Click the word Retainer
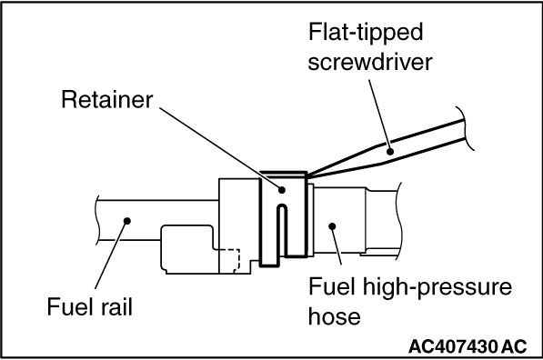pos(107,100)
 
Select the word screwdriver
pos(370,63)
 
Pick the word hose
pos(334,316)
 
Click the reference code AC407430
pos(453,346)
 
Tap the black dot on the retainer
pos(282,190)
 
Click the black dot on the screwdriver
pos(390,151)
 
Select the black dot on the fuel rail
pos(127,221)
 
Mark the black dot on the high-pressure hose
pos(332,226)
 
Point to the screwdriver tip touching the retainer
pos(308,175)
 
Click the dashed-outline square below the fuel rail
pos(227,259)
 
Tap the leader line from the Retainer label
pos(220,148)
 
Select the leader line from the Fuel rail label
pos(111,255)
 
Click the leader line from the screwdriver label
pos(379,115)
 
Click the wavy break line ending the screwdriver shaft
pos(466,128)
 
